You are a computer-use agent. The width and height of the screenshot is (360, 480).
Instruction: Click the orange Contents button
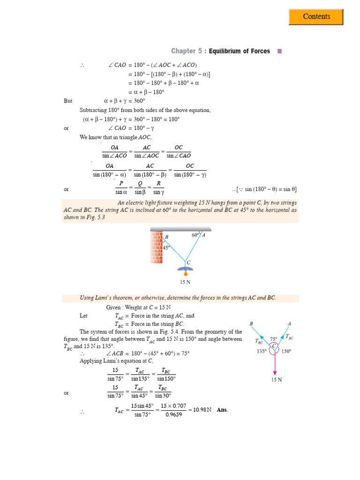coord(316,17)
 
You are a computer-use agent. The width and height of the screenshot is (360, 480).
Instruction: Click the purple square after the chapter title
coord(280,51)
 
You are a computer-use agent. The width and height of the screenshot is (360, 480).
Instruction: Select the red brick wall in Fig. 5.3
coord(156,247)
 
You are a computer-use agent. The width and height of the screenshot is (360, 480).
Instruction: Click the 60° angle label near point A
coord(195,235)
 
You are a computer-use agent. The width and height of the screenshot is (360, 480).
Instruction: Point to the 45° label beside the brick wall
coord(166,247)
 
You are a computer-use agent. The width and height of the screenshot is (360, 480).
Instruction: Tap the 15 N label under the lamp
coord(186,282)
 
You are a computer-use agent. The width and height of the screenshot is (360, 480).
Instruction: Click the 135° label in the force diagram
coord(262,351)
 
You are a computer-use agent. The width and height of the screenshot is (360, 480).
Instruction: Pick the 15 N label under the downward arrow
coord(276,380)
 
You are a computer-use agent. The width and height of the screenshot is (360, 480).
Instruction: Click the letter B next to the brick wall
coord(166,237)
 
